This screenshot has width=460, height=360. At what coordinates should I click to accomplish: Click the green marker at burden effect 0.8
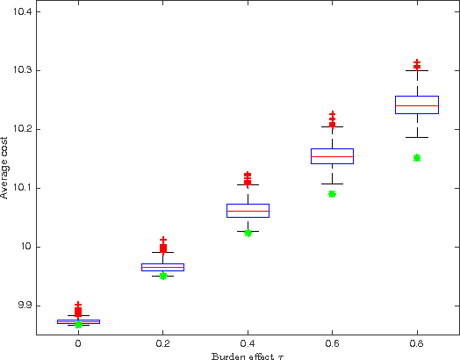click(x=417, y=158)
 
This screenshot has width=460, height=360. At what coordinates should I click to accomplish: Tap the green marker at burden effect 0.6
click(x=332, y=194)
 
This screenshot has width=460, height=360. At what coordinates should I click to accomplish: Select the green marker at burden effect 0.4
click(x=248, y=233)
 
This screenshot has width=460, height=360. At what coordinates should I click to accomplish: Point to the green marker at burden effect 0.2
click(x=162, y=276)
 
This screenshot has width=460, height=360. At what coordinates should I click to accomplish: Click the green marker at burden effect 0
click(x=78, y=324)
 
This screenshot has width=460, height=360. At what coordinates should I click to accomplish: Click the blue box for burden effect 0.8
click(x=417, y=104)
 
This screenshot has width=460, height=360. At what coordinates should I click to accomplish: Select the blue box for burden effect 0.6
click(x=332, y=156)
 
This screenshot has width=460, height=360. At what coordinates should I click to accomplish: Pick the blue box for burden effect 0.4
click(x=248, y=211)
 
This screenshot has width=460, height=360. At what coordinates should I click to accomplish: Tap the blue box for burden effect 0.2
click(x=162, y=267)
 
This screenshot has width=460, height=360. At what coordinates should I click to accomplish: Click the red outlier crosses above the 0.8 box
click(x=417, y=64)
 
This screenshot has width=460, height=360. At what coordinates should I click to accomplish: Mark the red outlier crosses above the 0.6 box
click(x=332, y=119)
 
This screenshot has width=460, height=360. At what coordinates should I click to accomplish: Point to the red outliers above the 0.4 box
click(x=248, y=178)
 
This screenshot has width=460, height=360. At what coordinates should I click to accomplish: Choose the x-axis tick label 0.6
click(x=332, y=344)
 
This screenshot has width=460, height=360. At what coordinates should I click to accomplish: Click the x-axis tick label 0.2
click(x=162, y=344)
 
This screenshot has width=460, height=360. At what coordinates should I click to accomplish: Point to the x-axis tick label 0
click(x=78, y=344)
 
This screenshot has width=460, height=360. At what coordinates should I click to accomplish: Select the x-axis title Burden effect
click(x=247, y=355)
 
